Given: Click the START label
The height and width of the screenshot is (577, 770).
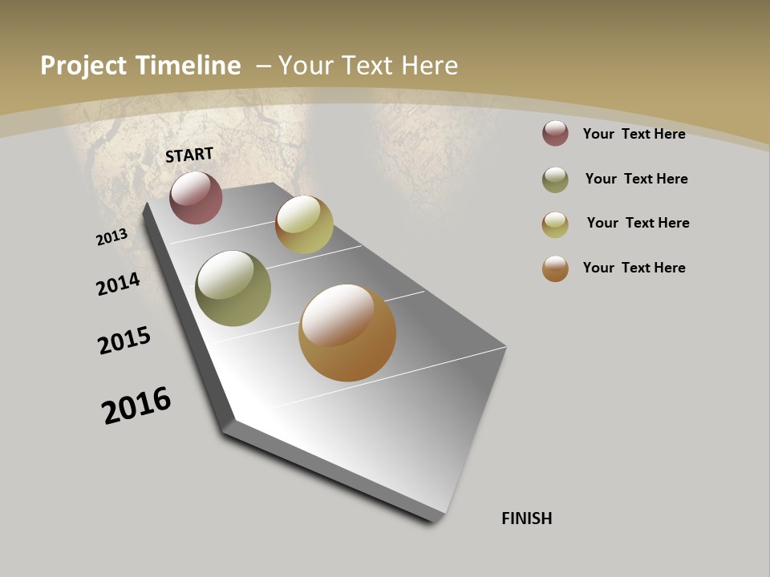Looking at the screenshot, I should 189,155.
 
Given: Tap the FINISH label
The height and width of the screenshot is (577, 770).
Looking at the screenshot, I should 527,518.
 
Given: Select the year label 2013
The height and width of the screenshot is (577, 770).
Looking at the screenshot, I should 111,237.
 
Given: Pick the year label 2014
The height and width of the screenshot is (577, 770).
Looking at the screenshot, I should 118,284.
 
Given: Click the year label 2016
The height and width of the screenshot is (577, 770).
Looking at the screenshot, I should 136,406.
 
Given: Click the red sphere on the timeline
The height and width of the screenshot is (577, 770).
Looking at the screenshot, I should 196,197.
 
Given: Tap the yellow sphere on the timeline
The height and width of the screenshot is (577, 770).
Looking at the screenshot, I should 304,224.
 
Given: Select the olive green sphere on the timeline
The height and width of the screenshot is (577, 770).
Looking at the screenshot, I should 233,288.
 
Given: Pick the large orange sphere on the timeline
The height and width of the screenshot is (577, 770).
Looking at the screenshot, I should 347,333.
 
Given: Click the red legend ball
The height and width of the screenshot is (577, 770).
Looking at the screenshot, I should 555,133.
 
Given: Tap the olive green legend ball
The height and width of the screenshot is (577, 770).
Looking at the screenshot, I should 555,180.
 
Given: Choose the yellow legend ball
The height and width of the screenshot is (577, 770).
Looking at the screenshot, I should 555,224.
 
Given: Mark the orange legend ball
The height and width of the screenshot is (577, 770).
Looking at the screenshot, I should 555,268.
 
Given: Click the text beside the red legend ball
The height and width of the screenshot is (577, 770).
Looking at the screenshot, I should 634,134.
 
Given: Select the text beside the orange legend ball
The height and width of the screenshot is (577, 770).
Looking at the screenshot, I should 634,268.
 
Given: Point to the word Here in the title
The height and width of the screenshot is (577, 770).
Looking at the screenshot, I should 431,66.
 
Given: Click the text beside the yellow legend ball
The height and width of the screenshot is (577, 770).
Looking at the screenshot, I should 638,223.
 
